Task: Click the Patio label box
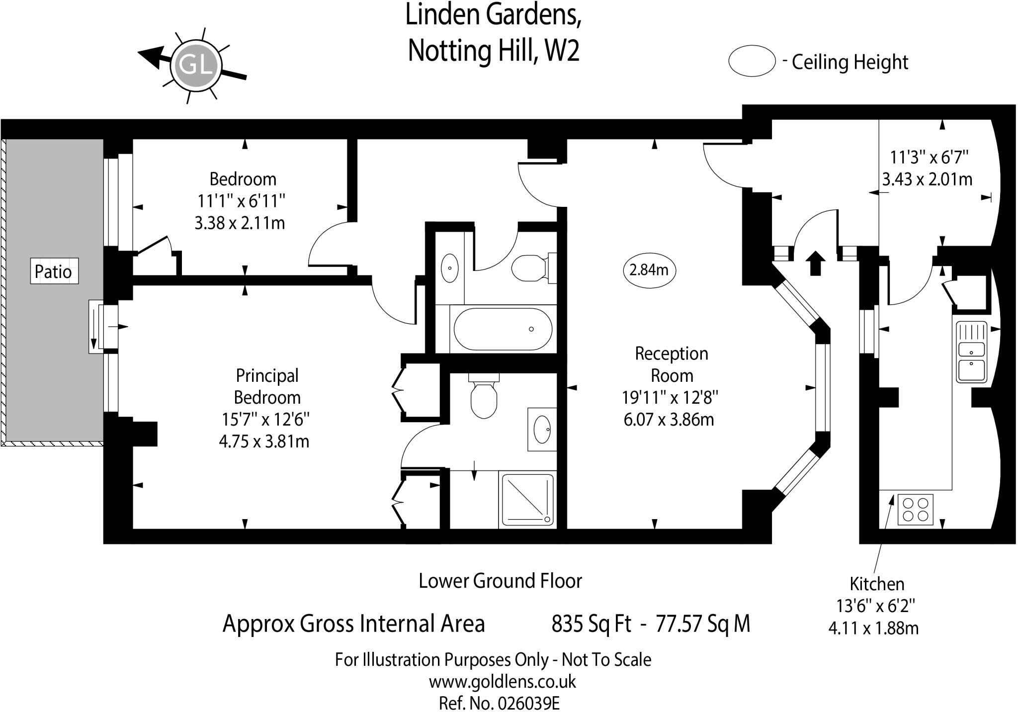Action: (54, 271)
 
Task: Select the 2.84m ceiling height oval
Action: (649, 270)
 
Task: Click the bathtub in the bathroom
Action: (503, 329)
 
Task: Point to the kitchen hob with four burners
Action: (915, 510)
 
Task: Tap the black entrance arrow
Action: (815, 263)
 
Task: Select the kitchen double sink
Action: (971, 352)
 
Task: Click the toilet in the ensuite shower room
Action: (483, 397)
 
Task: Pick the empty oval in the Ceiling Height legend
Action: (752, 61)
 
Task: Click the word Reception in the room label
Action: (672, 354)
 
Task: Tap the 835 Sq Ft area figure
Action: (591, 623)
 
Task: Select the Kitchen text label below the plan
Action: (876, 584)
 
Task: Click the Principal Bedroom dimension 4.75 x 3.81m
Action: (264, 442)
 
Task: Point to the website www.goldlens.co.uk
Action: (502, 681)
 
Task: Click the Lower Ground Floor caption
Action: (500, 581)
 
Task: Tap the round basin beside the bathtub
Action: (449, 268)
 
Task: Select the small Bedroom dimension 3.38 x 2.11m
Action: (240, 223)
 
